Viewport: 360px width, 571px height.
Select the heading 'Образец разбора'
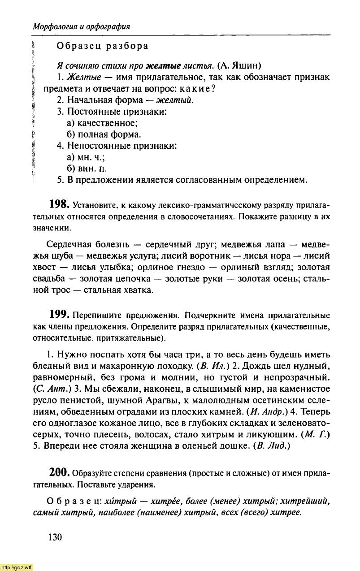point(102,46)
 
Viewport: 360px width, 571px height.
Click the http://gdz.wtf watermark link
point(17,567)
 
